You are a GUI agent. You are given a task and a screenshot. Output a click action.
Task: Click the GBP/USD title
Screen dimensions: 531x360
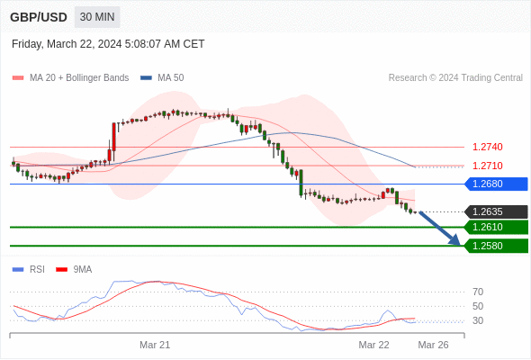click(39, 17)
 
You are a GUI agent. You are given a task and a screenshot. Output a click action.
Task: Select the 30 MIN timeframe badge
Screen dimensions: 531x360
click(97, 17)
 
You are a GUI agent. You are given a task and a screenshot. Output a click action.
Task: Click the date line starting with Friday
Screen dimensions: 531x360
click(108, 44)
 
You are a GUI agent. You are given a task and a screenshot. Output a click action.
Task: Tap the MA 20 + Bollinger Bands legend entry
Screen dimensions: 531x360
click(70, 78)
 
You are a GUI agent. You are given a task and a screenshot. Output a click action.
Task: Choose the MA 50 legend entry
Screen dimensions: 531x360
click(162, 78)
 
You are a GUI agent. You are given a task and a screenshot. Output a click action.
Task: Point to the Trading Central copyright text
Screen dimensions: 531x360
click(455, 78)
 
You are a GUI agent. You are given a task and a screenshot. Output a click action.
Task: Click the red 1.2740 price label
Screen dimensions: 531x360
click(487, 147)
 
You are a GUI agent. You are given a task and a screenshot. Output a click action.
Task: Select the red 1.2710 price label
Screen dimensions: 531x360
click(487, 166)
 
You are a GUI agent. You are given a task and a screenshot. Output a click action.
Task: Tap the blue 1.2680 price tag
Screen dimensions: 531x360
click(497, 184)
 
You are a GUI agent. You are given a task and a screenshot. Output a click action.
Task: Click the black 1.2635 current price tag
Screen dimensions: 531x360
click(497, 211)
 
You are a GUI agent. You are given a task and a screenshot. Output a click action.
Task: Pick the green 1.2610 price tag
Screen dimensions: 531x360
click(497, 227)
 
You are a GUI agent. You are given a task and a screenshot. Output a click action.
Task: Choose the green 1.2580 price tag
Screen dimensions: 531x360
click(497, 246)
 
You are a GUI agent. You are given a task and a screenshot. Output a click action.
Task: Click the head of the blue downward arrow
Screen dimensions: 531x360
click(455, 240)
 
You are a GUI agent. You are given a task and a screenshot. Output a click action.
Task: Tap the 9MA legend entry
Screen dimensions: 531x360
click(74, 270)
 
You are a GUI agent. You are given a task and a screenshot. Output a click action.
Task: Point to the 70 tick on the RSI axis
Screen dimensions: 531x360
click(478, 292)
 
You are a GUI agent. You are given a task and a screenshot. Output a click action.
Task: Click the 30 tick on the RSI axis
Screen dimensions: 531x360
click(478, 320)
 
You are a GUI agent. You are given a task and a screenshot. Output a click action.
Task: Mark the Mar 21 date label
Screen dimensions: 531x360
click(155, 345)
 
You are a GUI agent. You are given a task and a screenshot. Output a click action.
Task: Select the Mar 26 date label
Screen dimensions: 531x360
click(433, 345)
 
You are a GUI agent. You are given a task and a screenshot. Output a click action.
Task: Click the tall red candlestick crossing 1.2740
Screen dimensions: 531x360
click(114, 137)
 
